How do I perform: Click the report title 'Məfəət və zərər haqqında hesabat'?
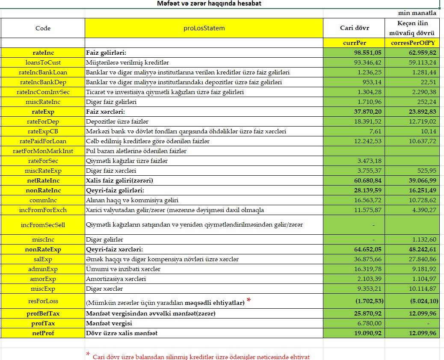pos(209,4)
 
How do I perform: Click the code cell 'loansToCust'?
pos(43,62)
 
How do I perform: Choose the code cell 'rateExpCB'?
pos(43,131)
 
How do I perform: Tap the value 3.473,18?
pos(369,161)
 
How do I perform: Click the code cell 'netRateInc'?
pos(43,180)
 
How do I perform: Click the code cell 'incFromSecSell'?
pos(43,224)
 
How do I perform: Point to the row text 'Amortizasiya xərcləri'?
pos(116,279)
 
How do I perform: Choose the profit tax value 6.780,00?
pos(370,323)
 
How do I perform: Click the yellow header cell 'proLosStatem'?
pos(204,28)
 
